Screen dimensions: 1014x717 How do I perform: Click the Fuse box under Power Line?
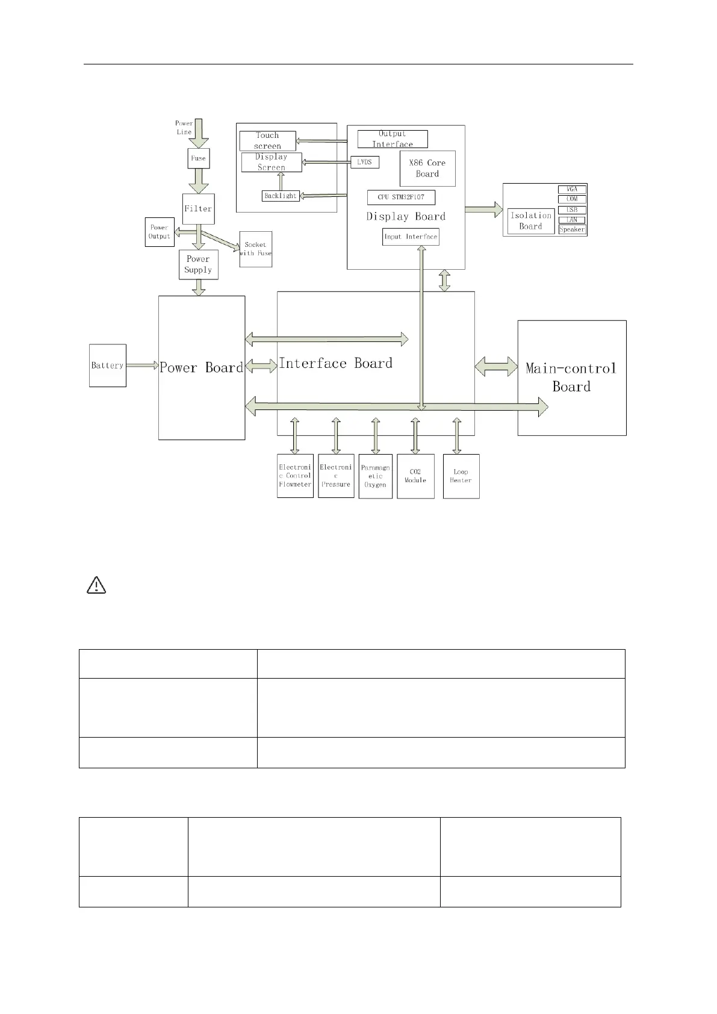click(198, 158)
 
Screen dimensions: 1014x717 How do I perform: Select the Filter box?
click(198, 209)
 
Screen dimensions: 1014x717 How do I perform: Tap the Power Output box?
click(160, 232)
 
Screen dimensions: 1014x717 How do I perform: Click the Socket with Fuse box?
click(255, 249)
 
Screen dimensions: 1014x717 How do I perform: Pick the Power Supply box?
click(198, 264)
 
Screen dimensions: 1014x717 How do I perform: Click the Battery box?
click(108, 365)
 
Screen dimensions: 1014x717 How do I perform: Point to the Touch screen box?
click(267, 141)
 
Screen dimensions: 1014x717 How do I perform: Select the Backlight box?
click(281, 196)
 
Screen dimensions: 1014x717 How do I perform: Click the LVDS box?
click(365, 162)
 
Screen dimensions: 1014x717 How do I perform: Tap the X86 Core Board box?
click(427, 169)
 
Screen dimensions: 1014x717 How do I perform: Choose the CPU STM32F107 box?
click(401, 198)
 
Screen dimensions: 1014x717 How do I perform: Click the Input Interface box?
click(411, 237)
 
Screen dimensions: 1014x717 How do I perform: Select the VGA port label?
click(572, 189)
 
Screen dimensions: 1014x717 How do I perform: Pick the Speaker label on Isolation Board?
click(572, 229)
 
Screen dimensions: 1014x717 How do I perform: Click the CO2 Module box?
click(415, 476)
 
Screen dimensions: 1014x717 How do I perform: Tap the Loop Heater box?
click(461, 476)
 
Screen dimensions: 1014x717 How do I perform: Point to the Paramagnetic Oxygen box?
click(375, 476)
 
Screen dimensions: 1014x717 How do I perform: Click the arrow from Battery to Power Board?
click(142, 365)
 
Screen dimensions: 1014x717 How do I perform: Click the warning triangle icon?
click(96, 585)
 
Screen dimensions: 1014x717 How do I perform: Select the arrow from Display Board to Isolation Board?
click(483, 210)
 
